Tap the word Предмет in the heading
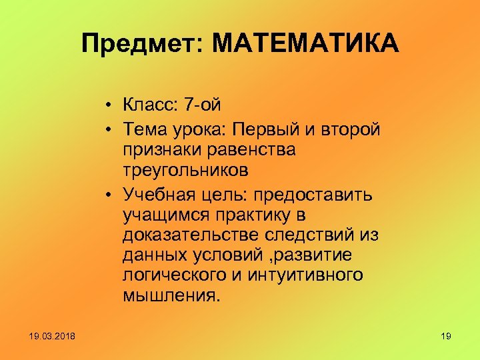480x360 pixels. coord(143,44)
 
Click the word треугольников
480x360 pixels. coord(186,171)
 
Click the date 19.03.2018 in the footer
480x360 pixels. coord(53,336)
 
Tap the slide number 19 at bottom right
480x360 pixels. coord(446,336)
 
